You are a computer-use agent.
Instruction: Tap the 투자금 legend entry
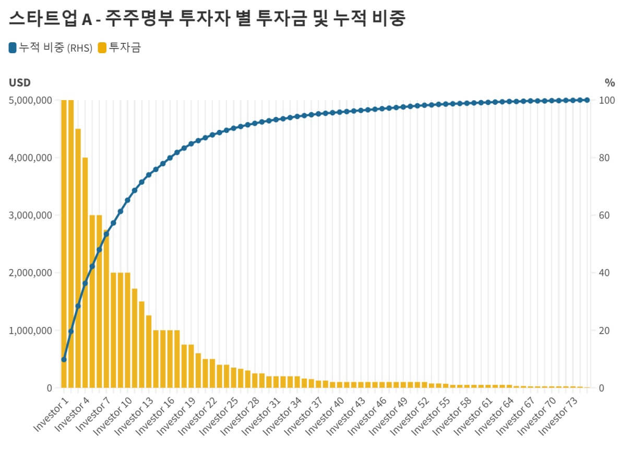(x=119, y=48)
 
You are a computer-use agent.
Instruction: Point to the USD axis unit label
(x=20, y=82)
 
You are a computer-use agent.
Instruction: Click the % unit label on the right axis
(x=609, y=82)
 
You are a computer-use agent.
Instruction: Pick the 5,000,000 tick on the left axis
(x=30, y=100)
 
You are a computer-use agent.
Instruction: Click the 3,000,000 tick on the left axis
(x=30, y=215)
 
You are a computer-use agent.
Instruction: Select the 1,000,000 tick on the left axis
(x=30, y=331)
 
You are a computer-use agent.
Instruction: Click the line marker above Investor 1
(x=64, y=359)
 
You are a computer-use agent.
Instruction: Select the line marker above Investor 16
(x=170, y=157)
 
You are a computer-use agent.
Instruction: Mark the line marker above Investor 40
(x=339, y=112)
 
